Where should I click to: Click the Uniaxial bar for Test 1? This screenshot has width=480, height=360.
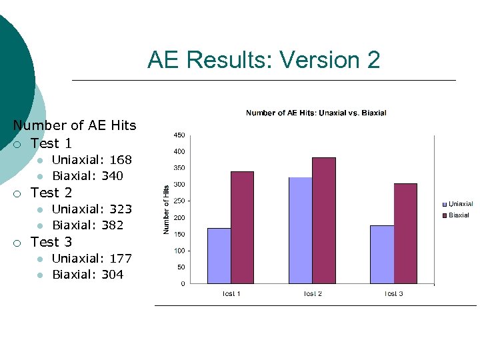[219, 256]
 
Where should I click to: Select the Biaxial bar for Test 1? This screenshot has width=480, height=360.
[242, 227]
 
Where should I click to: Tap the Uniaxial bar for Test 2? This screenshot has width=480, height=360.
[300, 230]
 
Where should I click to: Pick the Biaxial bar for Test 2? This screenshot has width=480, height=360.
[323, 221]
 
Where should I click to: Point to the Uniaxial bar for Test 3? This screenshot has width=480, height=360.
[382, 255]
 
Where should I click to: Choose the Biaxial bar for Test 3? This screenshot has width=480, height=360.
[405, 233]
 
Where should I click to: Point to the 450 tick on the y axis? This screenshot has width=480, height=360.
[179, 135]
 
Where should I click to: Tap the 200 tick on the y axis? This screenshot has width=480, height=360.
[179, 218]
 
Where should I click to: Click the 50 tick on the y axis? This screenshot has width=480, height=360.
[181, 267]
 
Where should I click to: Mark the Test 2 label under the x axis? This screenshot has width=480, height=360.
[312, 294]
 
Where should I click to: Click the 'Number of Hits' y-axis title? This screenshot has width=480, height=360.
[166, 209]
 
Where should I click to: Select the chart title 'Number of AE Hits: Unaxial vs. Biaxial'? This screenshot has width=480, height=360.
[316, 113]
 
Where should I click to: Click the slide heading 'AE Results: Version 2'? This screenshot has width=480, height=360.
[263, 60]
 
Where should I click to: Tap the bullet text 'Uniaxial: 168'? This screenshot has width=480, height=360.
[92, 160]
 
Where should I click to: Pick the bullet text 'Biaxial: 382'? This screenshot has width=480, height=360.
[88, 225]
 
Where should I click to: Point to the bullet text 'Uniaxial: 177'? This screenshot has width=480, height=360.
[92, 259]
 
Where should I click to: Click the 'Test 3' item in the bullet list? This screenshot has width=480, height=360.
[51, 242]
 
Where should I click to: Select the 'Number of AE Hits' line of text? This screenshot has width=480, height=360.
[75, 125]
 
